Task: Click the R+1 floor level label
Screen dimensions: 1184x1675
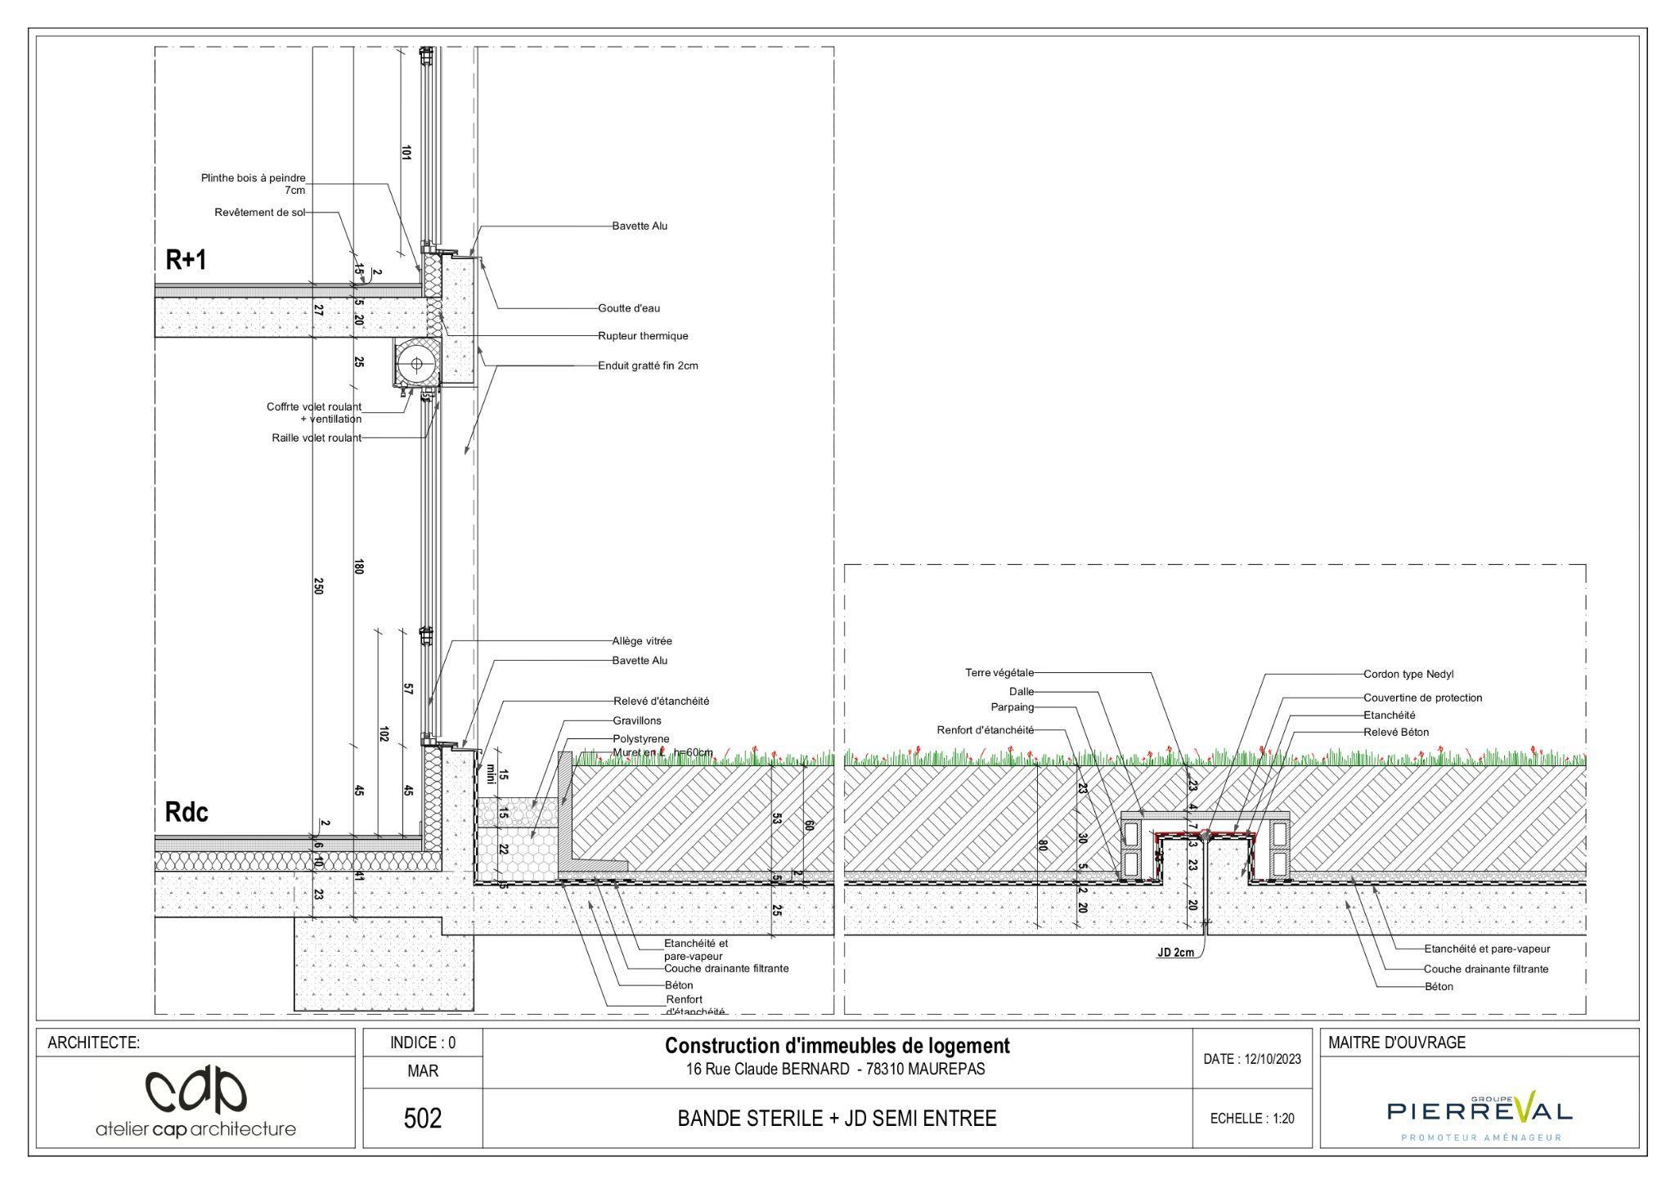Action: (x=186, y=260)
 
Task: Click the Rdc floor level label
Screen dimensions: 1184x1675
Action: (x=186, y=812)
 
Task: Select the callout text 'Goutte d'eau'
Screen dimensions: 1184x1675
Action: (x=628, y=308)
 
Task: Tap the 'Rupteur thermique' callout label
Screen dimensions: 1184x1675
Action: (x=643, y=336)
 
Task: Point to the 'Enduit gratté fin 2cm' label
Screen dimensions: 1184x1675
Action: (x=648, y=366)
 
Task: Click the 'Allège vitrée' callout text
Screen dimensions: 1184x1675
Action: (x=642, y=641)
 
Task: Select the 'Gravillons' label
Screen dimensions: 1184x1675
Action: (x=637, y=721)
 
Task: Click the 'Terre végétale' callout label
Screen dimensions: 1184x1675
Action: (x=999, y=673)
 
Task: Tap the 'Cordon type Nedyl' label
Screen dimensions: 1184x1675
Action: (x=1408, y=675)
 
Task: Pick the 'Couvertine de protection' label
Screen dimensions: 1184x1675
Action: (x=1422, y=698)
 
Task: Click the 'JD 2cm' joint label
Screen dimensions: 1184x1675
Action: (x=1175, y=953)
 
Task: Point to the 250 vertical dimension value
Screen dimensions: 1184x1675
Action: (x=319, y=586)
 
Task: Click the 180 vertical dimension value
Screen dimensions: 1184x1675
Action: (x=358, y=567)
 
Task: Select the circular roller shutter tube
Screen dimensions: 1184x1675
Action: (x=416, y=364)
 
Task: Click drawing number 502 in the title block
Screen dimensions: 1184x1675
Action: (x=423, y=1118)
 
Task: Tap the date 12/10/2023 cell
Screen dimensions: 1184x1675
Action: (x=1251, y=1059)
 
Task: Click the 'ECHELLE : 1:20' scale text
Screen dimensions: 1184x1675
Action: (x=1251, y=1119)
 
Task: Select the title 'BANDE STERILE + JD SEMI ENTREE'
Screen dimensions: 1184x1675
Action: (x=837, y=1119)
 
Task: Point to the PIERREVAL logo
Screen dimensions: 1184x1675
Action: (x=1479, y=1111)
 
